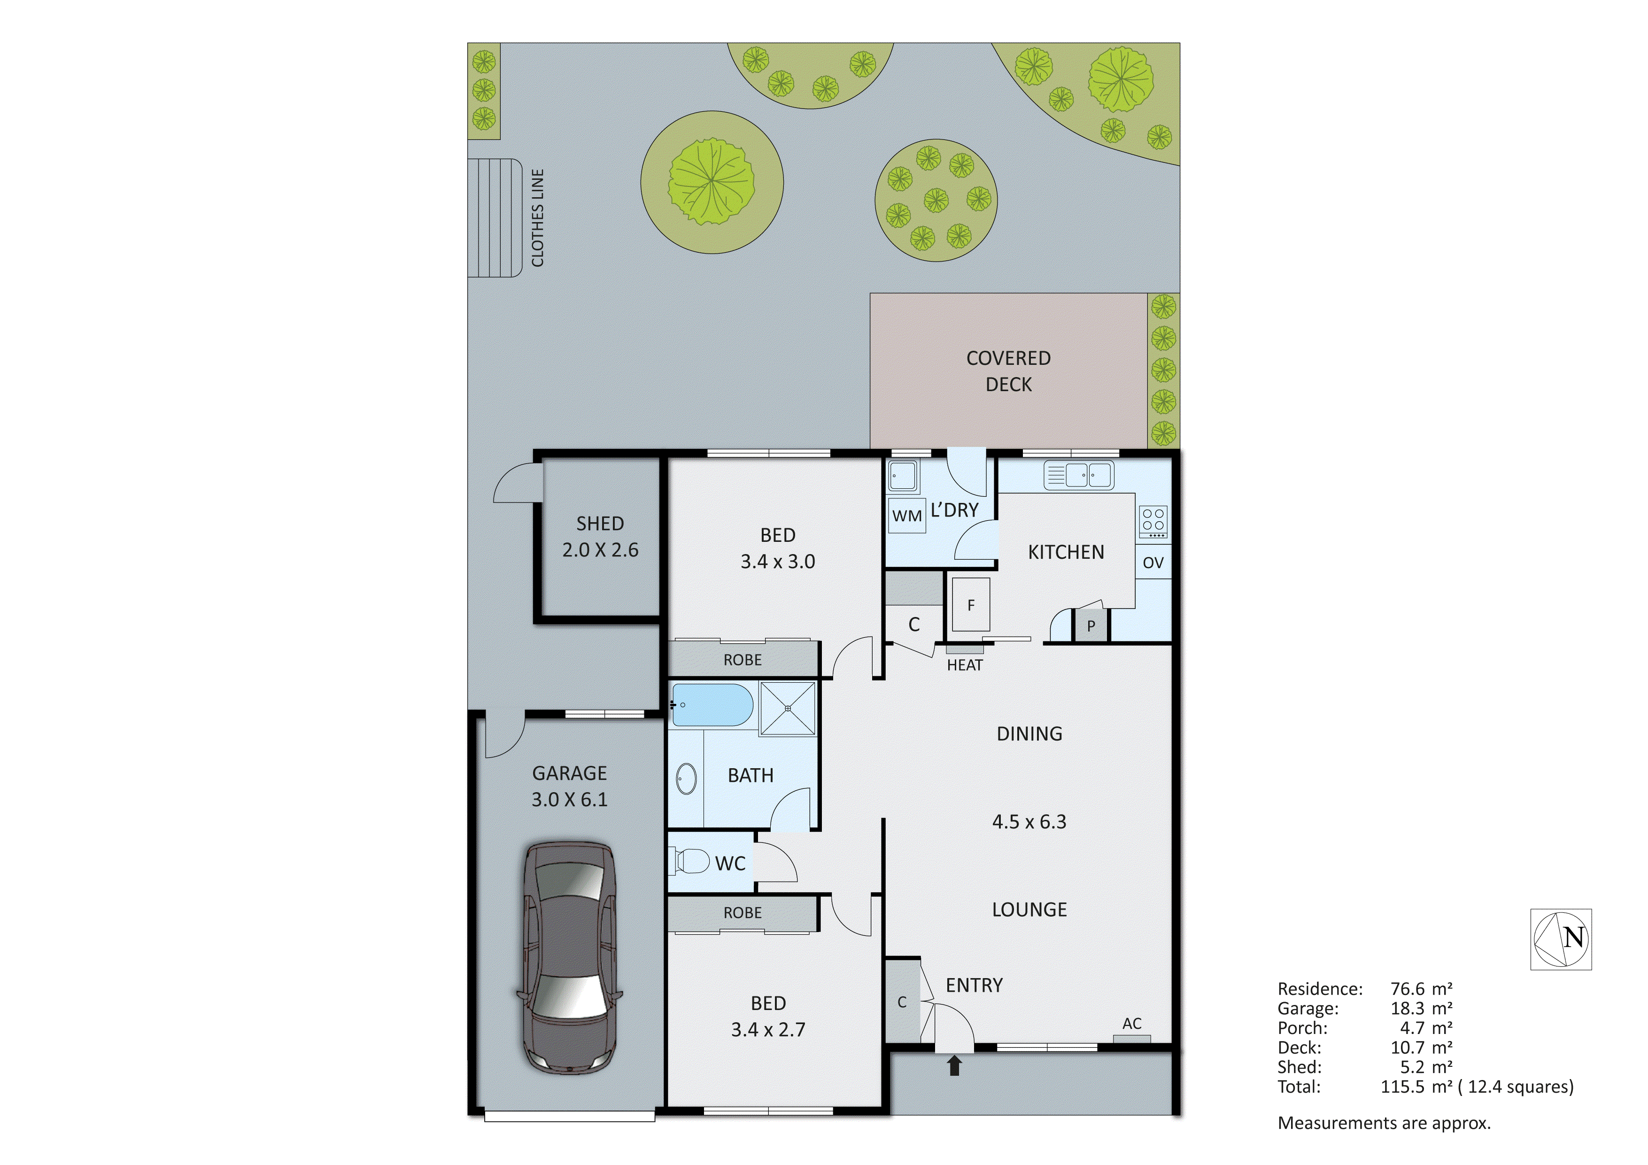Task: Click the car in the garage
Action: (569, 958)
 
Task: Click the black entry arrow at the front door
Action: (954, 1065)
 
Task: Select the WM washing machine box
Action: (906, 516)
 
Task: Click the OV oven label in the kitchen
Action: (1153, 563)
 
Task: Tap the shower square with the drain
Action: (788, 709)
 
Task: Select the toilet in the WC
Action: (690, 861)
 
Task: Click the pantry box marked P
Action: (1091, 626)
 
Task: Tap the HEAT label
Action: (964, 665)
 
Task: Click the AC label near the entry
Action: (1132, 1024)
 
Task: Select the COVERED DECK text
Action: (1008, 371)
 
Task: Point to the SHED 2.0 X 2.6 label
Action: (600, 536)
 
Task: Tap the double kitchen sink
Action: (1078, 475)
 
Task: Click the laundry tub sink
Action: (902, 476)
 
